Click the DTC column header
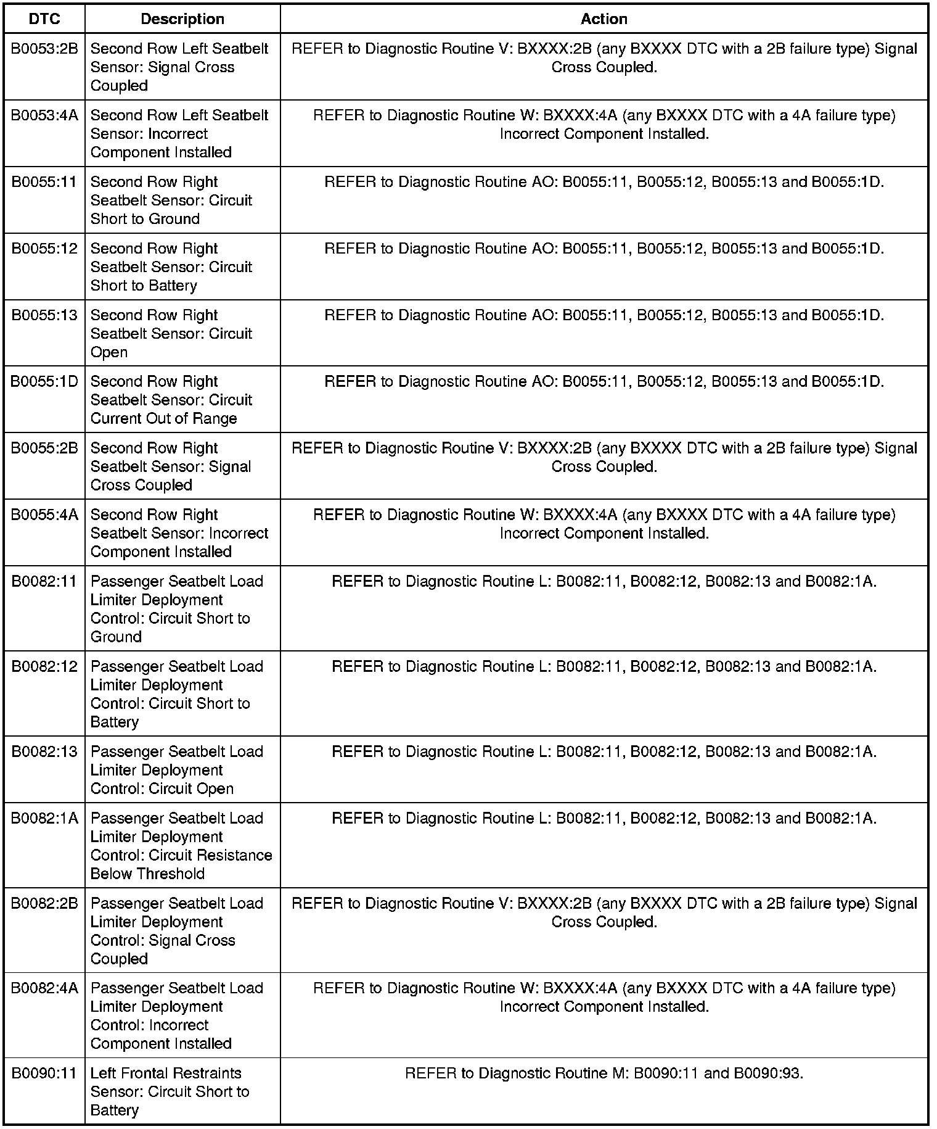[x=44, y=19]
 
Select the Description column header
[x=182, y=19]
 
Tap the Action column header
[x=604, y=19]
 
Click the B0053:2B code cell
[x=44, y=49]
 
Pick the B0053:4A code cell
[x=44, y=115]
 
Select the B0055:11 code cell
[x=44, y=182]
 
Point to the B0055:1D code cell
[x=44, y=382]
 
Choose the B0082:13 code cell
[x=44, y=751]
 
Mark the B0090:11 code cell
[x=44, y=1073]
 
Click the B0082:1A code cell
[x=44, y=818]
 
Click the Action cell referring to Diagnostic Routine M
[x=604, y=1073]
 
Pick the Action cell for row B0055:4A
[x=604, y=524]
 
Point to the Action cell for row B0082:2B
[x=604, y=912]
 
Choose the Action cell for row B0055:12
[x=604, y=249]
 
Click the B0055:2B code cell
[x=44, y=449]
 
